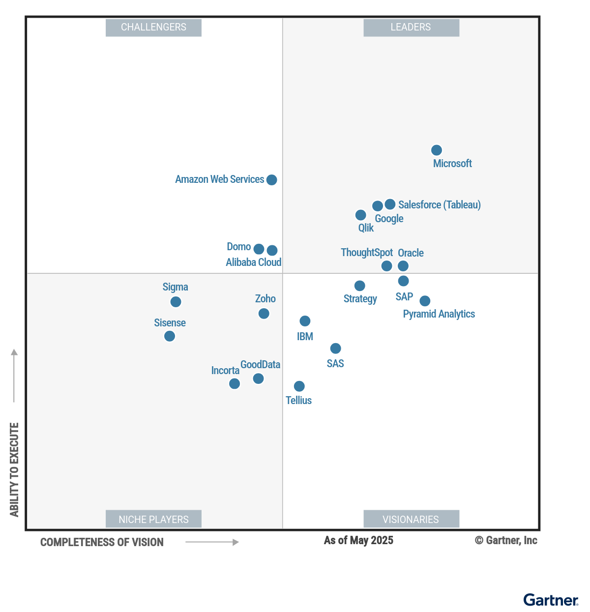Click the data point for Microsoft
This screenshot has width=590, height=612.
436,150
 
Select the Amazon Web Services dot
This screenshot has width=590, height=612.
271,180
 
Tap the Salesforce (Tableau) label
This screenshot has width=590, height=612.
439,205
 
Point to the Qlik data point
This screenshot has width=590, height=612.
360,215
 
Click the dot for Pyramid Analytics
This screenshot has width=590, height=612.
425,301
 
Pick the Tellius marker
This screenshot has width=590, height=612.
299,386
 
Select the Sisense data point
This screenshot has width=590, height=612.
170,336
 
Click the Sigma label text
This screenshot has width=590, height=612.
175,287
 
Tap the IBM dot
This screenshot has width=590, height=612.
305,321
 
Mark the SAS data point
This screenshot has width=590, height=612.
335,349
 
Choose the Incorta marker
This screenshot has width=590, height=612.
235,383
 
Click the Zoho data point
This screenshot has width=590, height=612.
264,314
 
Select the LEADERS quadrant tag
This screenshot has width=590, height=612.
411,28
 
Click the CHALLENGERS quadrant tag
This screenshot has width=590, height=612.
153,28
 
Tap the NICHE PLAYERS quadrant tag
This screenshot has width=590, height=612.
153,519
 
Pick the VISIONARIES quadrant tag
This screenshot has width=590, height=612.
411,519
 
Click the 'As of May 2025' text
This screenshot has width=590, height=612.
358,541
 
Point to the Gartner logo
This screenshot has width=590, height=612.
551,600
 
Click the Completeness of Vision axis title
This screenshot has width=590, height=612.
102,543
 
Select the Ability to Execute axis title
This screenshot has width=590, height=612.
14,469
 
